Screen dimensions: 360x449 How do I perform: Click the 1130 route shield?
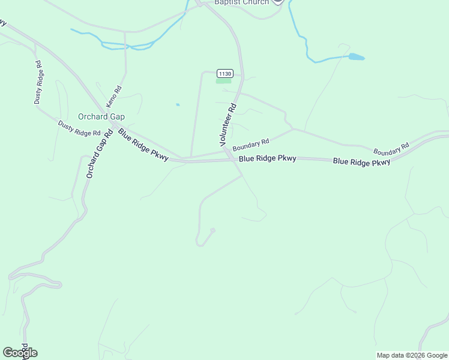(224, 73)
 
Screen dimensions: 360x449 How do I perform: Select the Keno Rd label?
(114, 97)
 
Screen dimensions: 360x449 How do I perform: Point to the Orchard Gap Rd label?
(100, 155)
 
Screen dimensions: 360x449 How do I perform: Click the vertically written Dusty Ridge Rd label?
(38, 83)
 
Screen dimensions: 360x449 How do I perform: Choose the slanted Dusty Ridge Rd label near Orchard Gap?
(79, 128)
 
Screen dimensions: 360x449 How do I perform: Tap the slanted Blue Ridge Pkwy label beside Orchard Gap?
(143, 145)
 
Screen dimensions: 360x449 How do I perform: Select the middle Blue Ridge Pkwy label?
(267, 159)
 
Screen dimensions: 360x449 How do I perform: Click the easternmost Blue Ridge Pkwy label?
(361, 162)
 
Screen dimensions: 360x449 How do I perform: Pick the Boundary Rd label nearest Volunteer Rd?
(252, 145)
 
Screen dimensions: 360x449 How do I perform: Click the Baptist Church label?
(243, 2)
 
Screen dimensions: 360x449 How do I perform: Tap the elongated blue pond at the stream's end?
(356, 57)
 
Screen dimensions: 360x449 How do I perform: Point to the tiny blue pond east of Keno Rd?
(178, 105)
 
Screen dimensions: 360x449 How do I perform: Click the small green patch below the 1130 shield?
(223, 82)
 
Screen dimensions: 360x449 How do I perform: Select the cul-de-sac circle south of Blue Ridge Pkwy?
(212, 230)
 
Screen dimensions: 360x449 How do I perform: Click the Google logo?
(20, 353)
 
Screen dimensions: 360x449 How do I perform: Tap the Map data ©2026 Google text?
(412, 355)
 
